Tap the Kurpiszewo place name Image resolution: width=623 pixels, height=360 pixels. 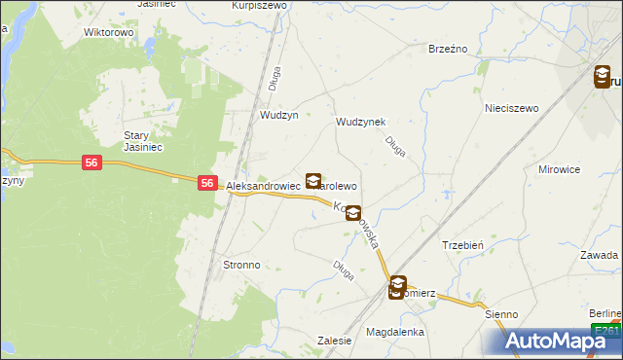[x=259, y=5]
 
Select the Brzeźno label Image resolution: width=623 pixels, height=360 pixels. [x=448, y=49]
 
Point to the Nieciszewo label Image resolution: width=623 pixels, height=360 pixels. [x=512, y=108]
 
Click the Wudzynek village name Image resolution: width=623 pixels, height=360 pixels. [x=360, y=122]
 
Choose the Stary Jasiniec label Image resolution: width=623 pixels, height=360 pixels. [x=141, y=141]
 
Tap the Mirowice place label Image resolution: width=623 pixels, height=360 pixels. [x=559, y=168]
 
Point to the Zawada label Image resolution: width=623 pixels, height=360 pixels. [x=600, y=255]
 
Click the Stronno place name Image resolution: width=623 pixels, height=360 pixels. [x=241, y=264]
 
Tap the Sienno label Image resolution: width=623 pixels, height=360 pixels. [x=502, y=314]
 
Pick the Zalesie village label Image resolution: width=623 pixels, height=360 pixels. [x=334, y=340]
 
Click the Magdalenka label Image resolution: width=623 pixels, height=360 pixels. [x=395, y=332]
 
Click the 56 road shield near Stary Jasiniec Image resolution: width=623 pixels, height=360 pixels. [x=91, y=163]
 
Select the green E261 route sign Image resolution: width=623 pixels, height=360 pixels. [x=608, y=331]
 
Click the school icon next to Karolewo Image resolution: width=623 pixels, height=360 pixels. [x=313, y=181]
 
